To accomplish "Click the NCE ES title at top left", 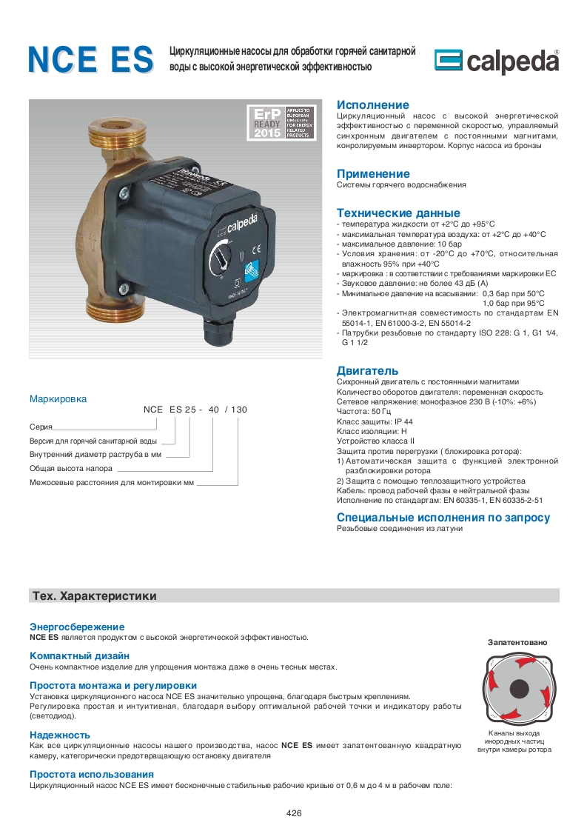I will tap(91, 60).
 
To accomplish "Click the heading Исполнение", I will tap(372, 105).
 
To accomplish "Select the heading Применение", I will tap(373, 174).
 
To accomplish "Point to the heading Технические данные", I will tap(398, 213).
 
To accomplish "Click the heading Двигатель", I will tap(367, 370).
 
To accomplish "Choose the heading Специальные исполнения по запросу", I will tap(443, 518).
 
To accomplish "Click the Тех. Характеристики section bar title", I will tap(93, 596).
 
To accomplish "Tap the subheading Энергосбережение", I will tap(77, 627).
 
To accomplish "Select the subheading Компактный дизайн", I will tap(79, 655).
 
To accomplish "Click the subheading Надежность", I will tap(60, 734).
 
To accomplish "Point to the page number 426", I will tap(294, 813).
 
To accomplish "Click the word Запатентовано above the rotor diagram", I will tap(517, 642).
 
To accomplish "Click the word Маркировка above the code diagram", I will tap(58, 398).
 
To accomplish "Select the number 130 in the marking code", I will tap(238, 409).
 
